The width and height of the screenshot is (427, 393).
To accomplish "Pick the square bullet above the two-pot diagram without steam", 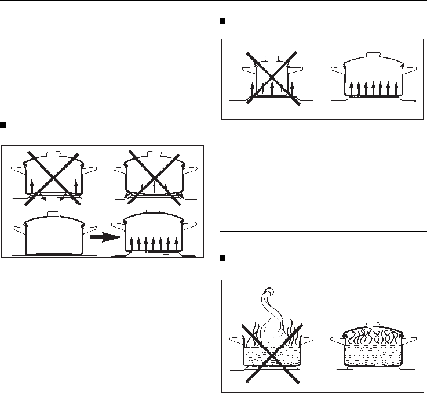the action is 223,21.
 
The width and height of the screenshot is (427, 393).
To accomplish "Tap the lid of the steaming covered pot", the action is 374,332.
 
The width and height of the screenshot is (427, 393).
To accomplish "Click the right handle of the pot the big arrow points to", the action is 193,226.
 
